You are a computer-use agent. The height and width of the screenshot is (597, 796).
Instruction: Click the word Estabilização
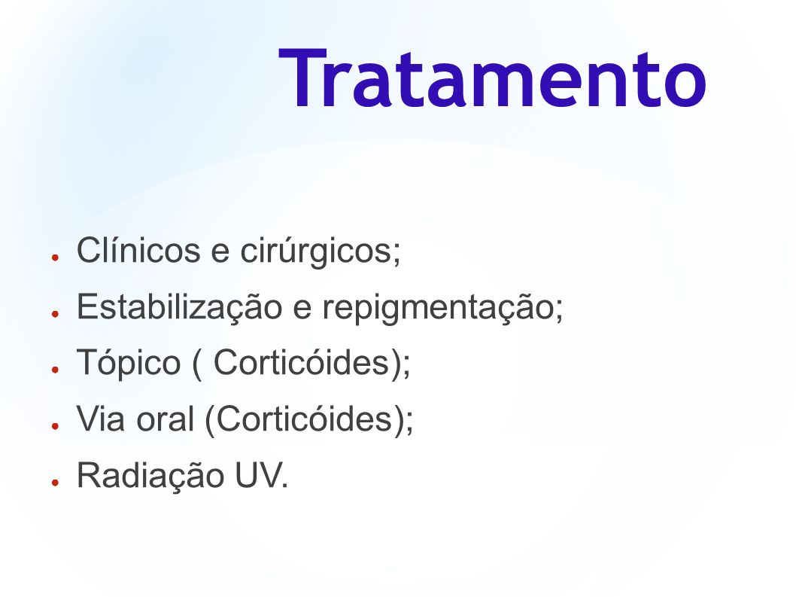(179, 306)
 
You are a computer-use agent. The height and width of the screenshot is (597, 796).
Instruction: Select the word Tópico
(129, 364)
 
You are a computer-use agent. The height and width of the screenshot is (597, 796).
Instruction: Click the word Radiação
(150, 476)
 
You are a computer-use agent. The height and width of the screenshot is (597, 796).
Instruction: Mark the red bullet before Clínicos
(56, 257)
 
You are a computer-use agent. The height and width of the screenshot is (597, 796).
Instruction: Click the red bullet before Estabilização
(56, 314)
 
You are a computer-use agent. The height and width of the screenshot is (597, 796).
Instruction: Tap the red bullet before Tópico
(56, 370)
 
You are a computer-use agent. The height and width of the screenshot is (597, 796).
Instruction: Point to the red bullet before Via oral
(56, 426)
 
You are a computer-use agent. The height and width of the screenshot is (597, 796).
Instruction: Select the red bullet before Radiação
(56, 483)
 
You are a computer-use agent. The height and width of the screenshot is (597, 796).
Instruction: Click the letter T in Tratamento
(302, 78)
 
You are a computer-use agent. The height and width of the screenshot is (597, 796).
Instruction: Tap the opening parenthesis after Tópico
(196, 364)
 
